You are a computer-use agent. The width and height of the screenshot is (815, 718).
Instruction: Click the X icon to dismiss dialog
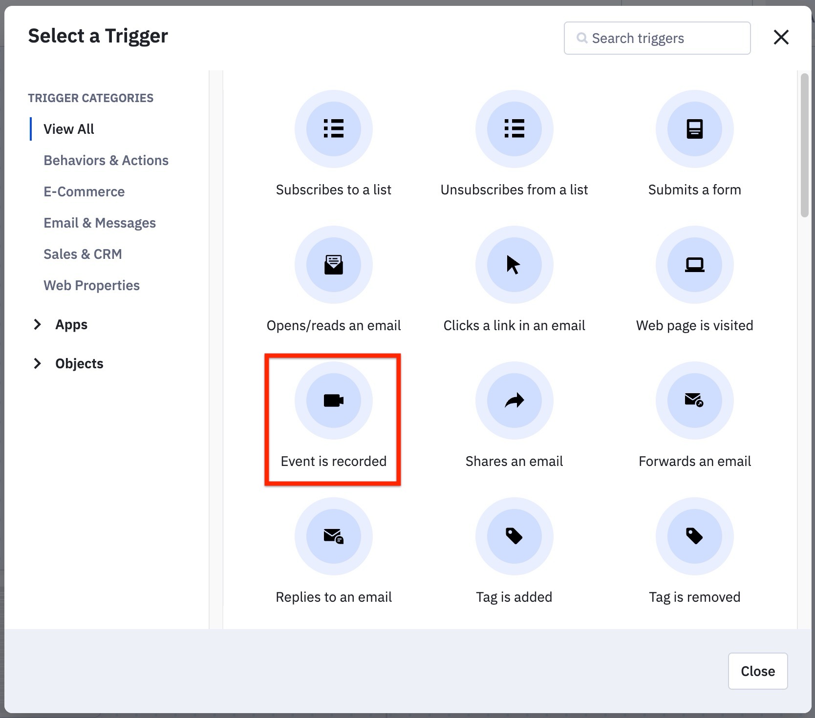click(781, 37)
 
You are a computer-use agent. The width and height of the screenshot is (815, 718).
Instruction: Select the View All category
click(69, 129)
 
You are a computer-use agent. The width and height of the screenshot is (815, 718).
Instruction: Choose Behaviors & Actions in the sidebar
click(106, 160)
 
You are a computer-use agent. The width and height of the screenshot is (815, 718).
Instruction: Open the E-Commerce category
click(84, 191)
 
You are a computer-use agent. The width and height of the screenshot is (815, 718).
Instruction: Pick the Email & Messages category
click(100, 223)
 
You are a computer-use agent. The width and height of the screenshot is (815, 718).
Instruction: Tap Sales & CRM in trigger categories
click(83, 254)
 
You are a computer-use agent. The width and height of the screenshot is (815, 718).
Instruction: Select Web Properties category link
click(91, 285)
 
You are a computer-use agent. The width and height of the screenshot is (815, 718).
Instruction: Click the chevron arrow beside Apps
click(37, 324)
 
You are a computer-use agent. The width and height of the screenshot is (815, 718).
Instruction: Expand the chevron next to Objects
click(37, 363)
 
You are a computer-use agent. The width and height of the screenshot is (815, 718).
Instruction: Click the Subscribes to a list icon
click(334, 129)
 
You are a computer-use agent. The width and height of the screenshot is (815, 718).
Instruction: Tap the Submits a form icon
click(694, 129)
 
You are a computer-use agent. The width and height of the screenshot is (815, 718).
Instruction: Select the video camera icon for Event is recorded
click(334, 401)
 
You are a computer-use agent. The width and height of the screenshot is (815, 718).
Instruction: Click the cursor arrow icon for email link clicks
click(514, 265)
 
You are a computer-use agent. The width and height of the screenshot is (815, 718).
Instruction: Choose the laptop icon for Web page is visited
click(694, 265)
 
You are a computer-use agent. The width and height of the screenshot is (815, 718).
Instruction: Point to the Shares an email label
click(514, 461)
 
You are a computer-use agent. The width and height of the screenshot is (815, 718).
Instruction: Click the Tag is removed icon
click(694, 536)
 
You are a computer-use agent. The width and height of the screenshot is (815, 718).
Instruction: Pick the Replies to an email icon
click(334, 536)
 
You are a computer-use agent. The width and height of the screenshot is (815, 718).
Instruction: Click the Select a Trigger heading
click(98, 36)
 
